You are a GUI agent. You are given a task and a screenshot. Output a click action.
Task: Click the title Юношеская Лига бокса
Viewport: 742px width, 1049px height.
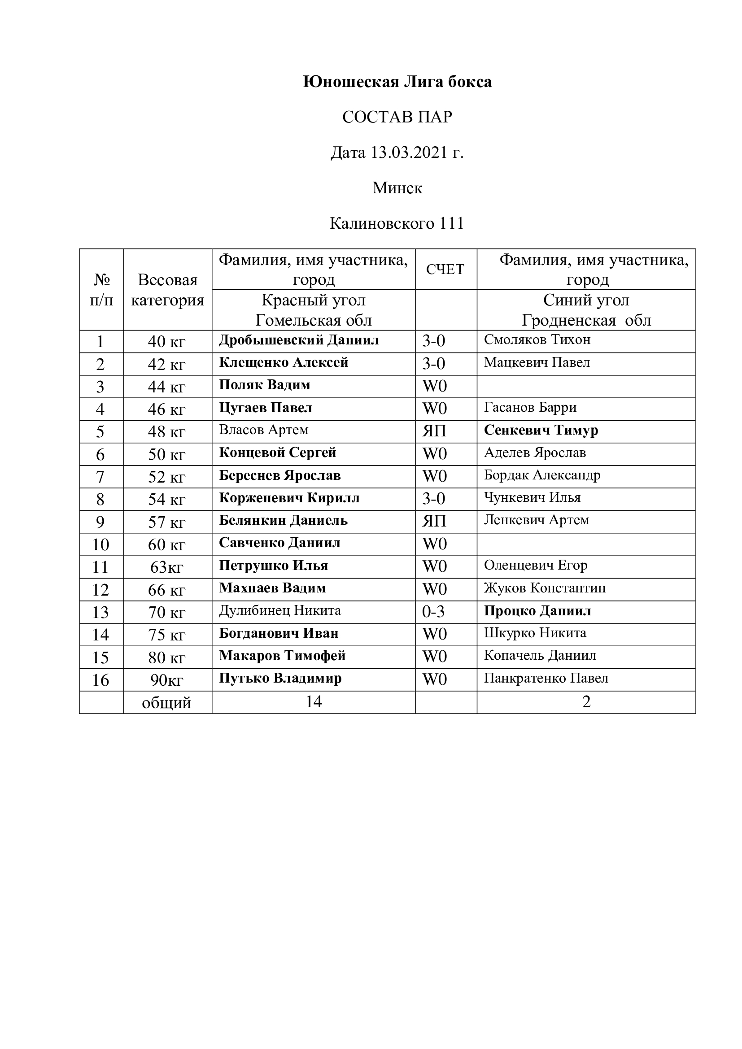(397, 82)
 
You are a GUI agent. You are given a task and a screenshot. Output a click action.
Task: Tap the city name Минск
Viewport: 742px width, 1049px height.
(397, 188)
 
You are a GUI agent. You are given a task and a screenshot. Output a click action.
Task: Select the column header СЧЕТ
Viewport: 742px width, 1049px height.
(445, 270)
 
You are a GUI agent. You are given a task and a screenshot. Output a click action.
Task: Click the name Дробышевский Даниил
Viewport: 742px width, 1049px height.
(299, 340)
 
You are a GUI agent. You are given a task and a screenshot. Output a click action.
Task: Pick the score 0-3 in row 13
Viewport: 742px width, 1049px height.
(433, 612)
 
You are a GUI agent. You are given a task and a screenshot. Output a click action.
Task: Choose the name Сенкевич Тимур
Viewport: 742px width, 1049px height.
(541, 431)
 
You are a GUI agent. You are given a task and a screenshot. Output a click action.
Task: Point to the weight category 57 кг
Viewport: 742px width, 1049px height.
(167, 522)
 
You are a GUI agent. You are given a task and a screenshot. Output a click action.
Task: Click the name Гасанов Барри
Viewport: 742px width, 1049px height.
(530, 408)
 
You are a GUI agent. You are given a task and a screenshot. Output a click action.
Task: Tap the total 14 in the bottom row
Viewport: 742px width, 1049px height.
(314, 702)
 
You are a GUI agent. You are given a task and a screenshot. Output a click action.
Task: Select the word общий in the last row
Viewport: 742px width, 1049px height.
(167, 703)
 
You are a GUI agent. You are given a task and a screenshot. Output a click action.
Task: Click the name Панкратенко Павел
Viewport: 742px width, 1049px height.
(546, 679)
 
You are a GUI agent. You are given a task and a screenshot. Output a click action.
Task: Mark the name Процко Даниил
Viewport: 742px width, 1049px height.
(537, 611)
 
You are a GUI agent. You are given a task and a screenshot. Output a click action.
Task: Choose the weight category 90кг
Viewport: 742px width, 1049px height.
(167, 680)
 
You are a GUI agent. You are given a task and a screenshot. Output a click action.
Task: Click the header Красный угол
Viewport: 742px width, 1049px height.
(314, 300)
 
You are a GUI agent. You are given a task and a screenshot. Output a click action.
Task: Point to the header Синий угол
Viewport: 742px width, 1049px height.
(586, 300)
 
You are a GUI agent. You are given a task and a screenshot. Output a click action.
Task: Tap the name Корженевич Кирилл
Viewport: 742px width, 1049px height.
(289, 498)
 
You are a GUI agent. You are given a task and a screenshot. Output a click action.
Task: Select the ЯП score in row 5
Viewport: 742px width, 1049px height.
(434, 431)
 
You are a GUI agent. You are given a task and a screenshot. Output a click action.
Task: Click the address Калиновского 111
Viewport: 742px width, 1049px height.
(397, 223)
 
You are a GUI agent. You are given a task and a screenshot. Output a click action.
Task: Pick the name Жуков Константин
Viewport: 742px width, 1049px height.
(545, 588)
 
